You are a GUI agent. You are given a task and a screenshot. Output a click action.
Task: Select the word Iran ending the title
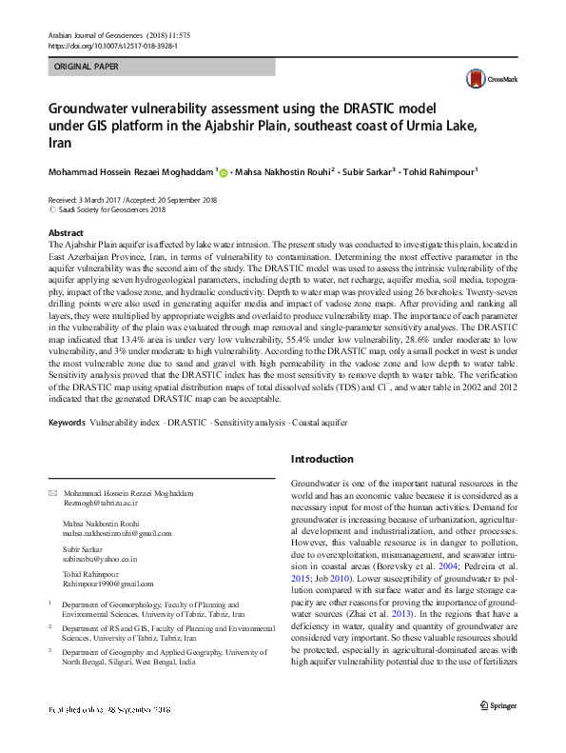(x=59, y=142)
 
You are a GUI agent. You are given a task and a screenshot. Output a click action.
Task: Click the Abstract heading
(x=65, y=233)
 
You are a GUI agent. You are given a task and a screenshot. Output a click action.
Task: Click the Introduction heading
(x=322, y=459)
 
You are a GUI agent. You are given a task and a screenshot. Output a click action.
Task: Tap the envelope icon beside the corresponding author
(x=52, y=494)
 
